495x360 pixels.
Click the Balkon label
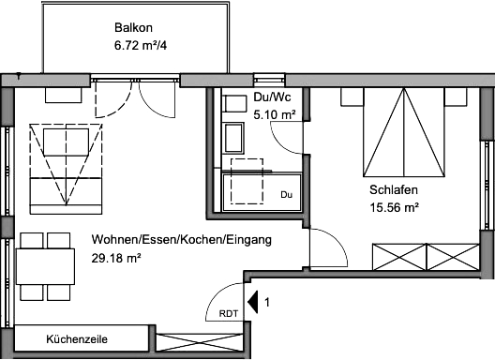(133, 27)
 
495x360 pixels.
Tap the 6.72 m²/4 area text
(141, 46)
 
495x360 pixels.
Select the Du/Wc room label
(272, 97)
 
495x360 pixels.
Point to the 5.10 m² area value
(275, 114)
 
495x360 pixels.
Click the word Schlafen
(394, 189)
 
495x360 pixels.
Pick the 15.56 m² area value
(395, 208)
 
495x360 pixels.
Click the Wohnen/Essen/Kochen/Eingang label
(182, 240)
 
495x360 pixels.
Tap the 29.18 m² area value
(116, 259)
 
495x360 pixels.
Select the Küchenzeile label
(77, 339)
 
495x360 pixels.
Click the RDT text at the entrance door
(229, 313)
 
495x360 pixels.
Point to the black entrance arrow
(253, 302)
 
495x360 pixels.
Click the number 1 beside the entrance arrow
(267, 303)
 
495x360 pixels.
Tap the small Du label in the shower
(286, 195)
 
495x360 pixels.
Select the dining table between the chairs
(45, 266)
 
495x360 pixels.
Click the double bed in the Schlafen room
(404, 132)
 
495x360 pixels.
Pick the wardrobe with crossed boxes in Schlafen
(427, 257)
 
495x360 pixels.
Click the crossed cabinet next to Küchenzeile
(200, 341)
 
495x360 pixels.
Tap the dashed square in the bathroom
(247, 181)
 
